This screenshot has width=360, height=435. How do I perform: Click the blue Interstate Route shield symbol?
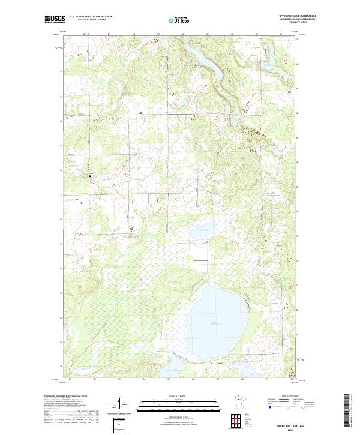coord(270,407)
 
